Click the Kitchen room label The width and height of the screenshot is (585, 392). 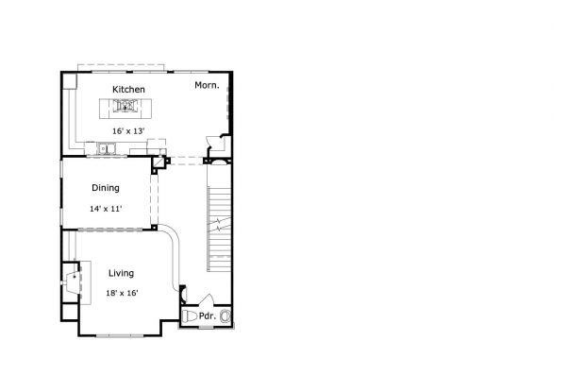128,90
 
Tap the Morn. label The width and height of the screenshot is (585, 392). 207,86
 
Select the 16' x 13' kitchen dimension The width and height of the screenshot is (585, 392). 128,131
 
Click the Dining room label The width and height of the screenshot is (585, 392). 106,188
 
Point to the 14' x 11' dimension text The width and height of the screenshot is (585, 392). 106,209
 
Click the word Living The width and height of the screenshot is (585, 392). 122,273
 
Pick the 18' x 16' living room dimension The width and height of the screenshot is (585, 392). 122,293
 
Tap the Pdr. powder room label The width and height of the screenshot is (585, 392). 208,316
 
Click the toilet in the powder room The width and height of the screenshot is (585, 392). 190,316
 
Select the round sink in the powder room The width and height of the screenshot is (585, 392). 225,316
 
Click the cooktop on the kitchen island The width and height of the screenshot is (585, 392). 125,106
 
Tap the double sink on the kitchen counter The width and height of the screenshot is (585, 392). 107,148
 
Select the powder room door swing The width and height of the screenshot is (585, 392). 208,299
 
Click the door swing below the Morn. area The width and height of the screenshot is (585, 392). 214,143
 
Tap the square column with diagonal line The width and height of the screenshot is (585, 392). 159,162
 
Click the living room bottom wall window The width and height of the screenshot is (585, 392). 120,336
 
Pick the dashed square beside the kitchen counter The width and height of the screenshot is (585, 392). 157,146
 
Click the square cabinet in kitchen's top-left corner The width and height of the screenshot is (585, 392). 70,81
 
